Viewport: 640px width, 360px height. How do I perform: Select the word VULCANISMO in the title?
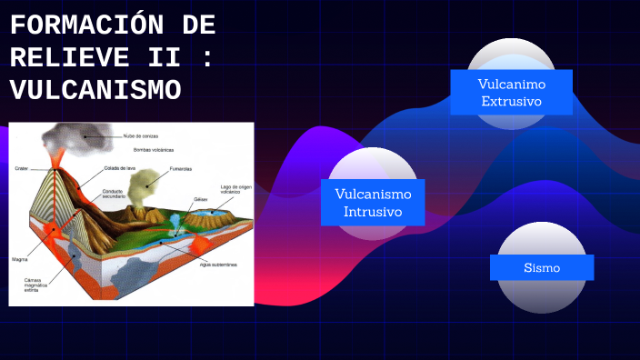point(95,90)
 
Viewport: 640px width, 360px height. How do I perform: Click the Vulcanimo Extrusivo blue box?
point(511,92)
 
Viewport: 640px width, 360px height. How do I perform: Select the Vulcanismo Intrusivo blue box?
point(373,203)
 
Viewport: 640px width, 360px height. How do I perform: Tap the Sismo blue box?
point(542,267)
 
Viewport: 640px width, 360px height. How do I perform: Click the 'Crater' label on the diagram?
point(22,168)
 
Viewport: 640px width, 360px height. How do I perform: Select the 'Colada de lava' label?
point(119,168)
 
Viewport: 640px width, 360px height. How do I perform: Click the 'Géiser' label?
point(201,199)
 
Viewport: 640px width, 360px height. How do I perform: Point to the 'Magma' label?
point(20,259)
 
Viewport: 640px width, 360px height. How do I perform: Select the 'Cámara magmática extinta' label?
point(36,285)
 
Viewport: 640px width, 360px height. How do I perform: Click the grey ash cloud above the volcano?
point(68,137)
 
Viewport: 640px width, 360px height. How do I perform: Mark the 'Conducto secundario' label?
point(113,194)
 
